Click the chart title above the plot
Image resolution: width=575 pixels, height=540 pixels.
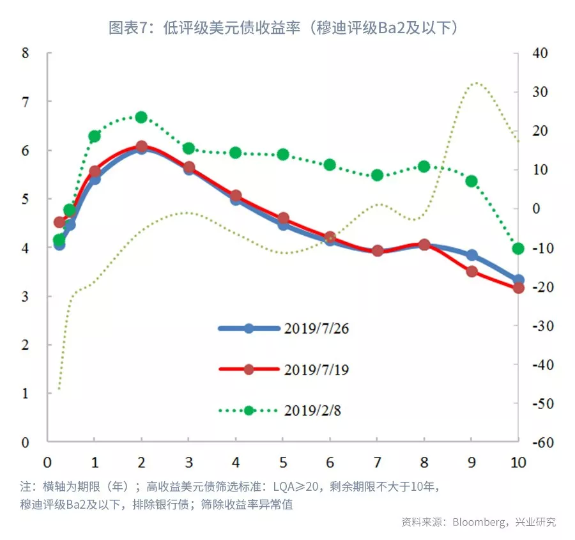284,27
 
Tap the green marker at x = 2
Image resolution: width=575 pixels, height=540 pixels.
141,117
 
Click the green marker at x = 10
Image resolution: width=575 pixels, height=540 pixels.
518,249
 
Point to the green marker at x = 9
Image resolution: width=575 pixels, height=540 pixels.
471,181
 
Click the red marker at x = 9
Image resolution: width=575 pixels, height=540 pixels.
471,272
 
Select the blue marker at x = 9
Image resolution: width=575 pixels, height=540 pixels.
471,255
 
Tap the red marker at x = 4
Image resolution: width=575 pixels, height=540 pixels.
236,196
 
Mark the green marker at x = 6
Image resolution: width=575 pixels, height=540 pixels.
330,165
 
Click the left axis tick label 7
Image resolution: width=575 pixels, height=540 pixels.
26,102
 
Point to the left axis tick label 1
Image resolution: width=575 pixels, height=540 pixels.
26,394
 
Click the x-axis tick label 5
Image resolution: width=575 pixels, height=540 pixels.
283,461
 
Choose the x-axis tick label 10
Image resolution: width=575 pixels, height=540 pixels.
518,461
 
